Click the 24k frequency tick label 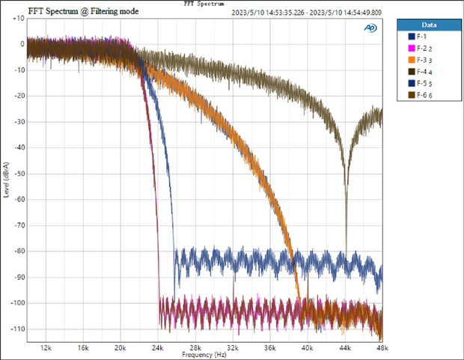(x=158, y=348)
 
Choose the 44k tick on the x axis (x=346, y=348)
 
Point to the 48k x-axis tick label (x=382, y=348)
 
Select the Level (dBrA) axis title (x=7, y=180)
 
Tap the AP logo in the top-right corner (x=370, y=28)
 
